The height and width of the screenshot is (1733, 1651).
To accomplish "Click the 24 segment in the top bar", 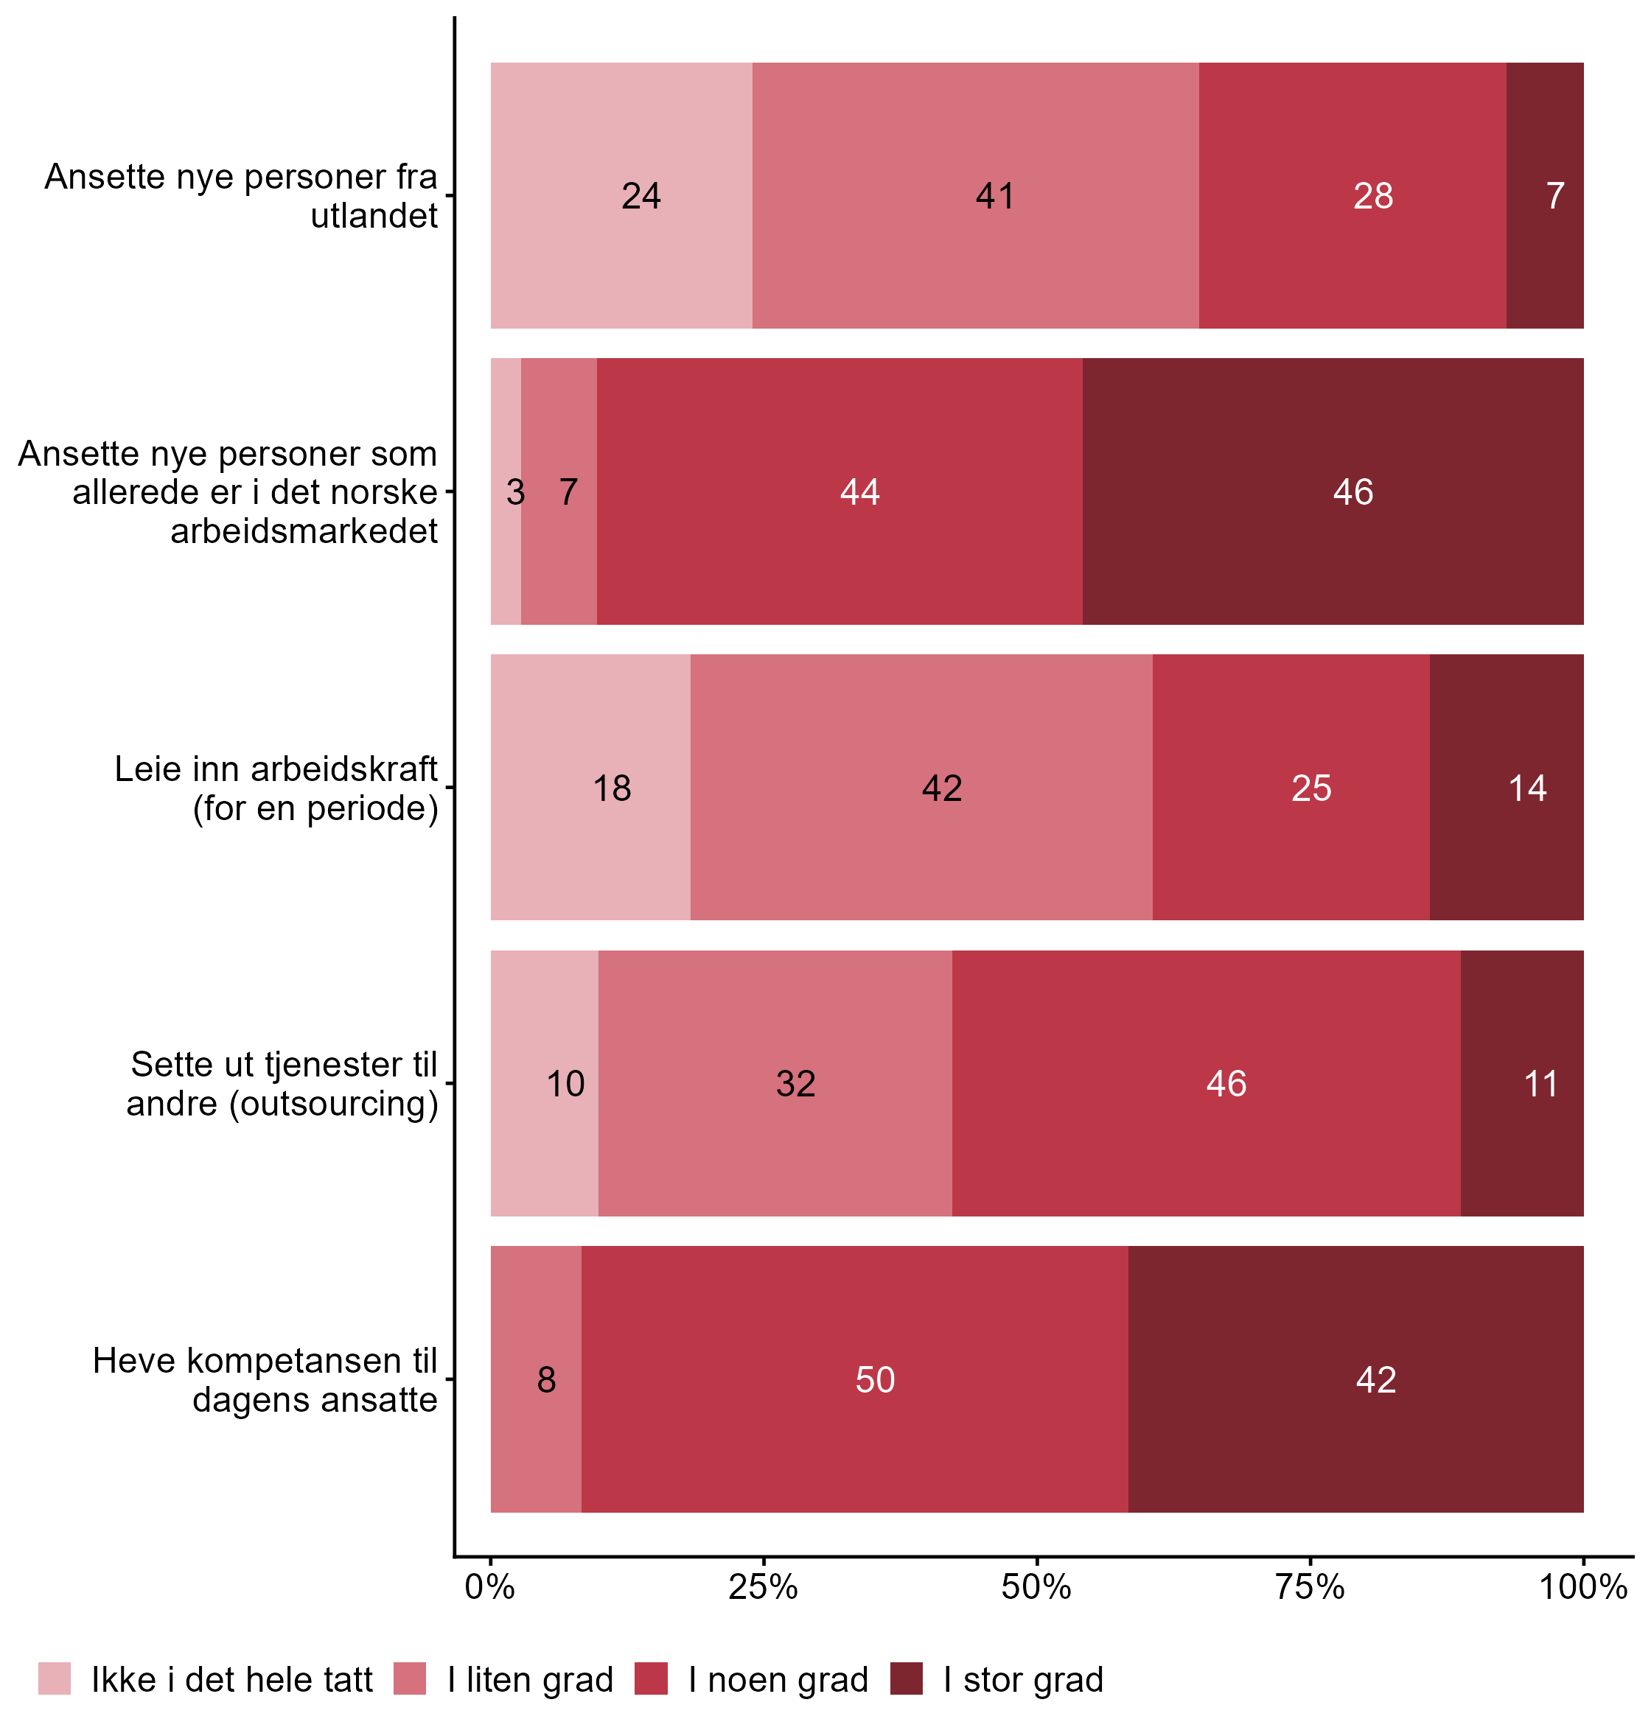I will click(621, 195).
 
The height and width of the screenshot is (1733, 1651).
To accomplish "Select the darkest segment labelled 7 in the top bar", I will click(1545, 195).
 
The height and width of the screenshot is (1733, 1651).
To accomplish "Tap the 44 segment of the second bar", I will click(839, 491).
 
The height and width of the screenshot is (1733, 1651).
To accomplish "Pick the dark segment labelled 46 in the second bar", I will click(1333, 491).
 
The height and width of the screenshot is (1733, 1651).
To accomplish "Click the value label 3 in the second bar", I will click(515, 491).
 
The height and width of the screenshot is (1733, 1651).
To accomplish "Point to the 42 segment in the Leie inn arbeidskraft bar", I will click(921, 788).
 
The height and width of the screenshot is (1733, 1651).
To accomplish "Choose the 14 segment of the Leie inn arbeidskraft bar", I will click(1506, 788).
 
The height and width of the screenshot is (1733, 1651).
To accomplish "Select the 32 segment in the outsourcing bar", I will click(775, 1083).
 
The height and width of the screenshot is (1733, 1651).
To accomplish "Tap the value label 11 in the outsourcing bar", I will click(1541, 1084).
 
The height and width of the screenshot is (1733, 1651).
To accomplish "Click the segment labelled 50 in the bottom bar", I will click(854, 1379).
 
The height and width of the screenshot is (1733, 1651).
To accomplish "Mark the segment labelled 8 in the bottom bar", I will click(536, 1379).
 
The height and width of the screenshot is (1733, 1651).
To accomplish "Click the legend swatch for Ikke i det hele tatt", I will click(55, 1678).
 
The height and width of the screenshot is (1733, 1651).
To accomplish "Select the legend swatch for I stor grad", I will click(907, 1678).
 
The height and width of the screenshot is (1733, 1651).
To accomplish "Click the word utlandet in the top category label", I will click(374, 216).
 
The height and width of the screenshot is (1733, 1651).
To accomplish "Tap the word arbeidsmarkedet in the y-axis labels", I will click(304, 531).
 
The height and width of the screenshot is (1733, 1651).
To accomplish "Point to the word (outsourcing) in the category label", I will click(334, 1103).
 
